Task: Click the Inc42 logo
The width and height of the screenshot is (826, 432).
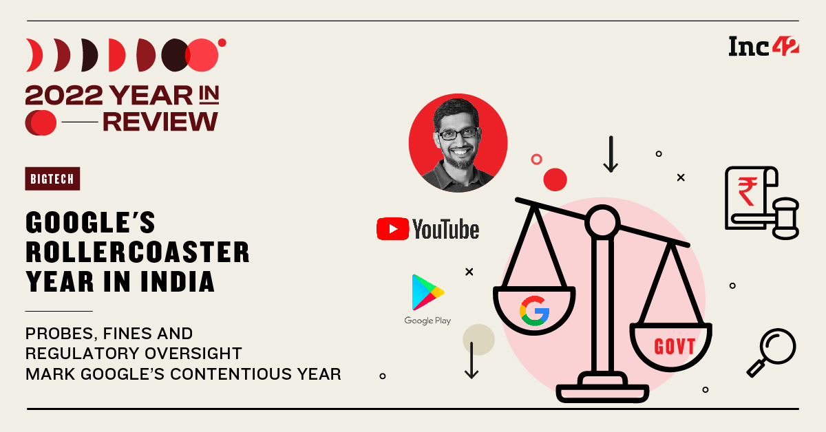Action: click(x=763, y=46)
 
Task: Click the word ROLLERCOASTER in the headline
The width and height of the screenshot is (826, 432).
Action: click(x=138, y=252)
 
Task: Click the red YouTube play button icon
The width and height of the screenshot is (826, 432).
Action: click(x=392, y=229)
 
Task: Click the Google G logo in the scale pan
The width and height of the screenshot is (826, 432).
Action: click(x=533, y=310)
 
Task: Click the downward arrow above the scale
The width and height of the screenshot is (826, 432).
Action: click(x=610, y=154)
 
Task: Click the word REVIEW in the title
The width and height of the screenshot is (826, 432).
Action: click(x=160, y=122)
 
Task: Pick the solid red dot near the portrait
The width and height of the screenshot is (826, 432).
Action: click(x=555, y=180)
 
